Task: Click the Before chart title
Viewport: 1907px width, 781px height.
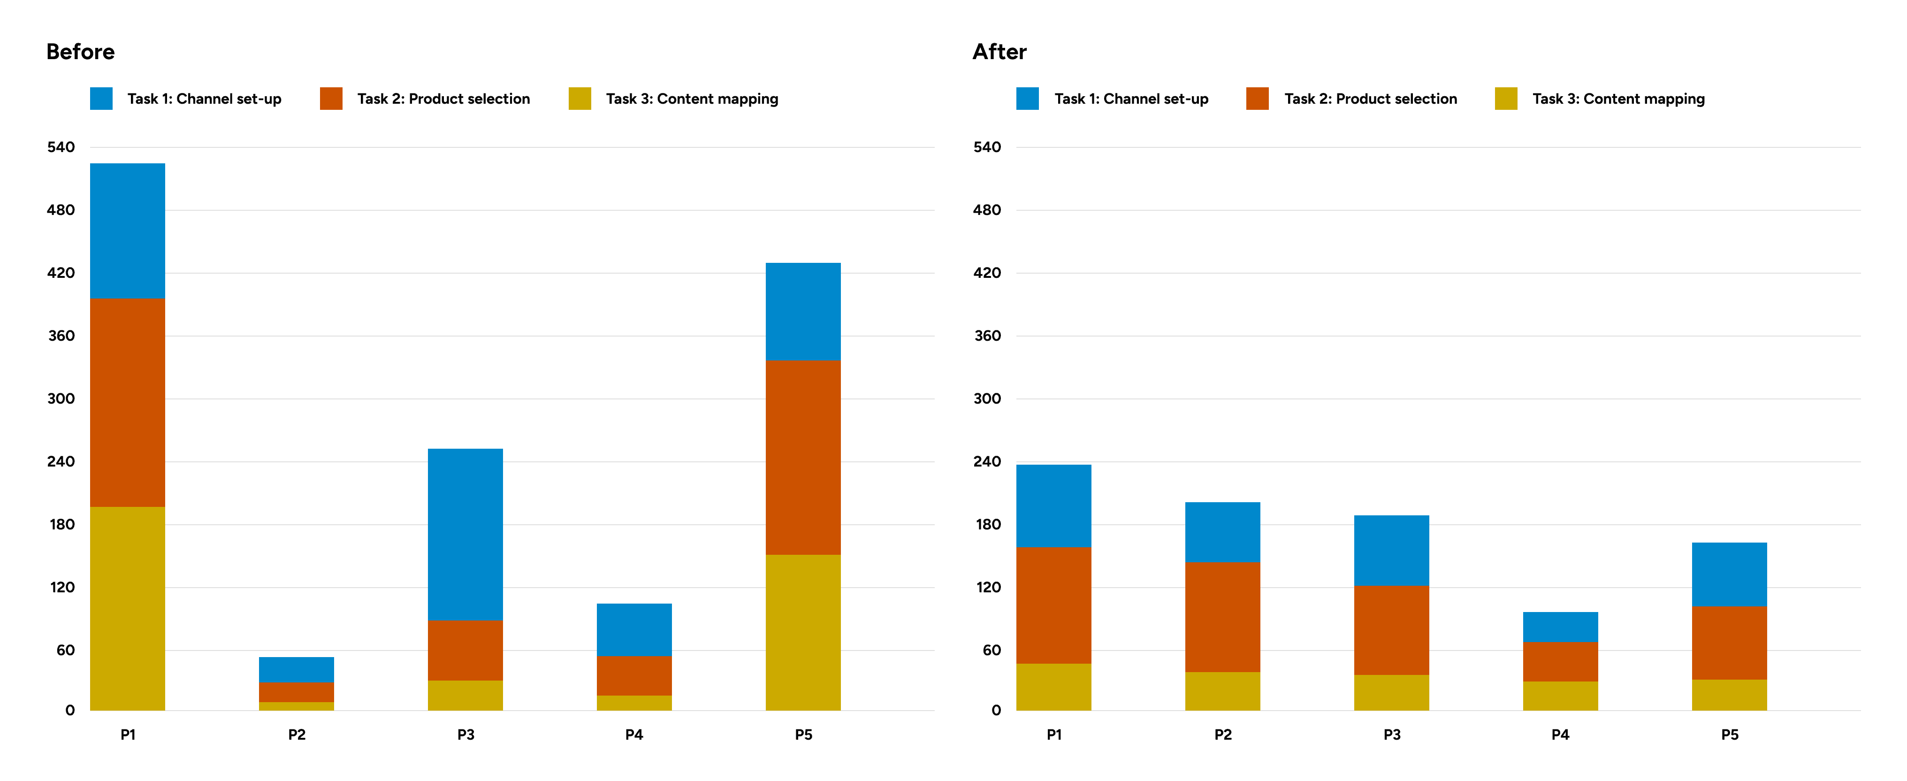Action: pyautogui.click(x=80, y=52)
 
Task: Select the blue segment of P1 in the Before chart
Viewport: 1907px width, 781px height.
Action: pyautogui.click(x=127, y=231)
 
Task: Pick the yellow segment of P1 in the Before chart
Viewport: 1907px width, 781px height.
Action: pyautogui.click(x=127, y=609)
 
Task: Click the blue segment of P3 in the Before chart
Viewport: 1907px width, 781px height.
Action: pyautogui.click(x=465, y=535)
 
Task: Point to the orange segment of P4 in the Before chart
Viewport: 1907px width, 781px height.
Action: pyautogui.click(x=633, y=675)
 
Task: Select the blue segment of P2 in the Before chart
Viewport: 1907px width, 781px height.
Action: pyautogui.click(x=296, y=669)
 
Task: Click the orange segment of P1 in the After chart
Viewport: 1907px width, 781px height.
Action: pyautogui.click(x=1053, y=605)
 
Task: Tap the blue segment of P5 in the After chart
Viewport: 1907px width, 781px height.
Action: pyautogui.click(x=1729, y=574)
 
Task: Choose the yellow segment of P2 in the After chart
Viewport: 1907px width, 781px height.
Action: pyautogui.click(x=1222, y=691)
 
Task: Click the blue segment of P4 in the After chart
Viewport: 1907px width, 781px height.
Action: pyautogui.click(x=1560, y=627)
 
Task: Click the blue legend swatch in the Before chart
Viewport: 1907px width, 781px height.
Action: pyautogui.click(x=101, y=99)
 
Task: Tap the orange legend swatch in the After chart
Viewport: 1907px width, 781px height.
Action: pyautogui.click(x=1257, y=99)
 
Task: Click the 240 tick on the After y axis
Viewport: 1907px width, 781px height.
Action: pyautogui.click(x=987, y=461)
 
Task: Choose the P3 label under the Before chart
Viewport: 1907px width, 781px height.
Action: pyautogui.click(x=465, y=735)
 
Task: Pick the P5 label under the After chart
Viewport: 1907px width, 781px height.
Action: pyautogui.click(x=1729, y=735)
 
